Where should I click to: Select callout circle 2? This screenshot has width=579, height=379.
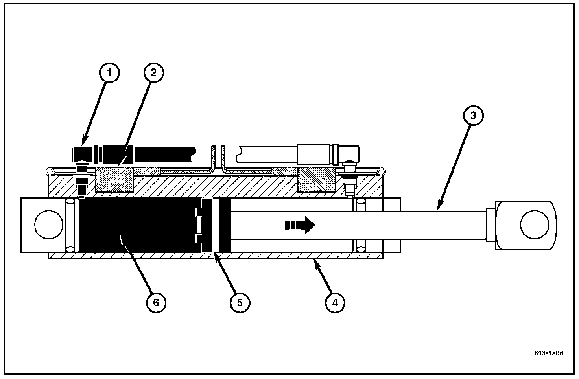pos(153,74)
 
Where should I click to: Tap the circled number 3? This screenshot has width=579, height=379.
pos(473,116)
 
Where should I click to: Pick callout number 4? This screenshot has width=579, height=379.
pos(335,303)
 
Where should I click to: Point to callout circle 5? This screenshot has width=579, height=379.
pos(240,303)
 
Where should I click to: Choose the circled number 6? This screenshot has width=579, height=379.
pos(156,303)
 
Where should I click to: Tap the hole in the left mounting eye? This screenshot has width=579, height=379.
pos(49,225)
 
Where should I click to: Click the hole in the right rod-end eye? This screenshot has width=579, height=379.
pos(534,225)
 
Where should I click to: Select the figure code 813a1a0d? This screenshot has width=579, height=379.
pos(548,353)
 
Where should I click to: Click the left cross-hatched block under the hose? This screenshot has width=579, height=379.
pos(114,180)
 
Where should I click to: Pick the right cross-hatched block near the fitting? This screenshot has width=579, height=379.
pos(316,180)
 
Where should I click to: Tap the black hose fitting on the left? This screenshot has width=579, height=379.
pos(83,154)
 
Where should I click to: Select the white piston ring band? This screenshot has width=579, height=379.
pos(216,225)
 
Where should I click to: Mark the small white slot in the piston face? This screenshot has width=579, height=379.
pos(199,225)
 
